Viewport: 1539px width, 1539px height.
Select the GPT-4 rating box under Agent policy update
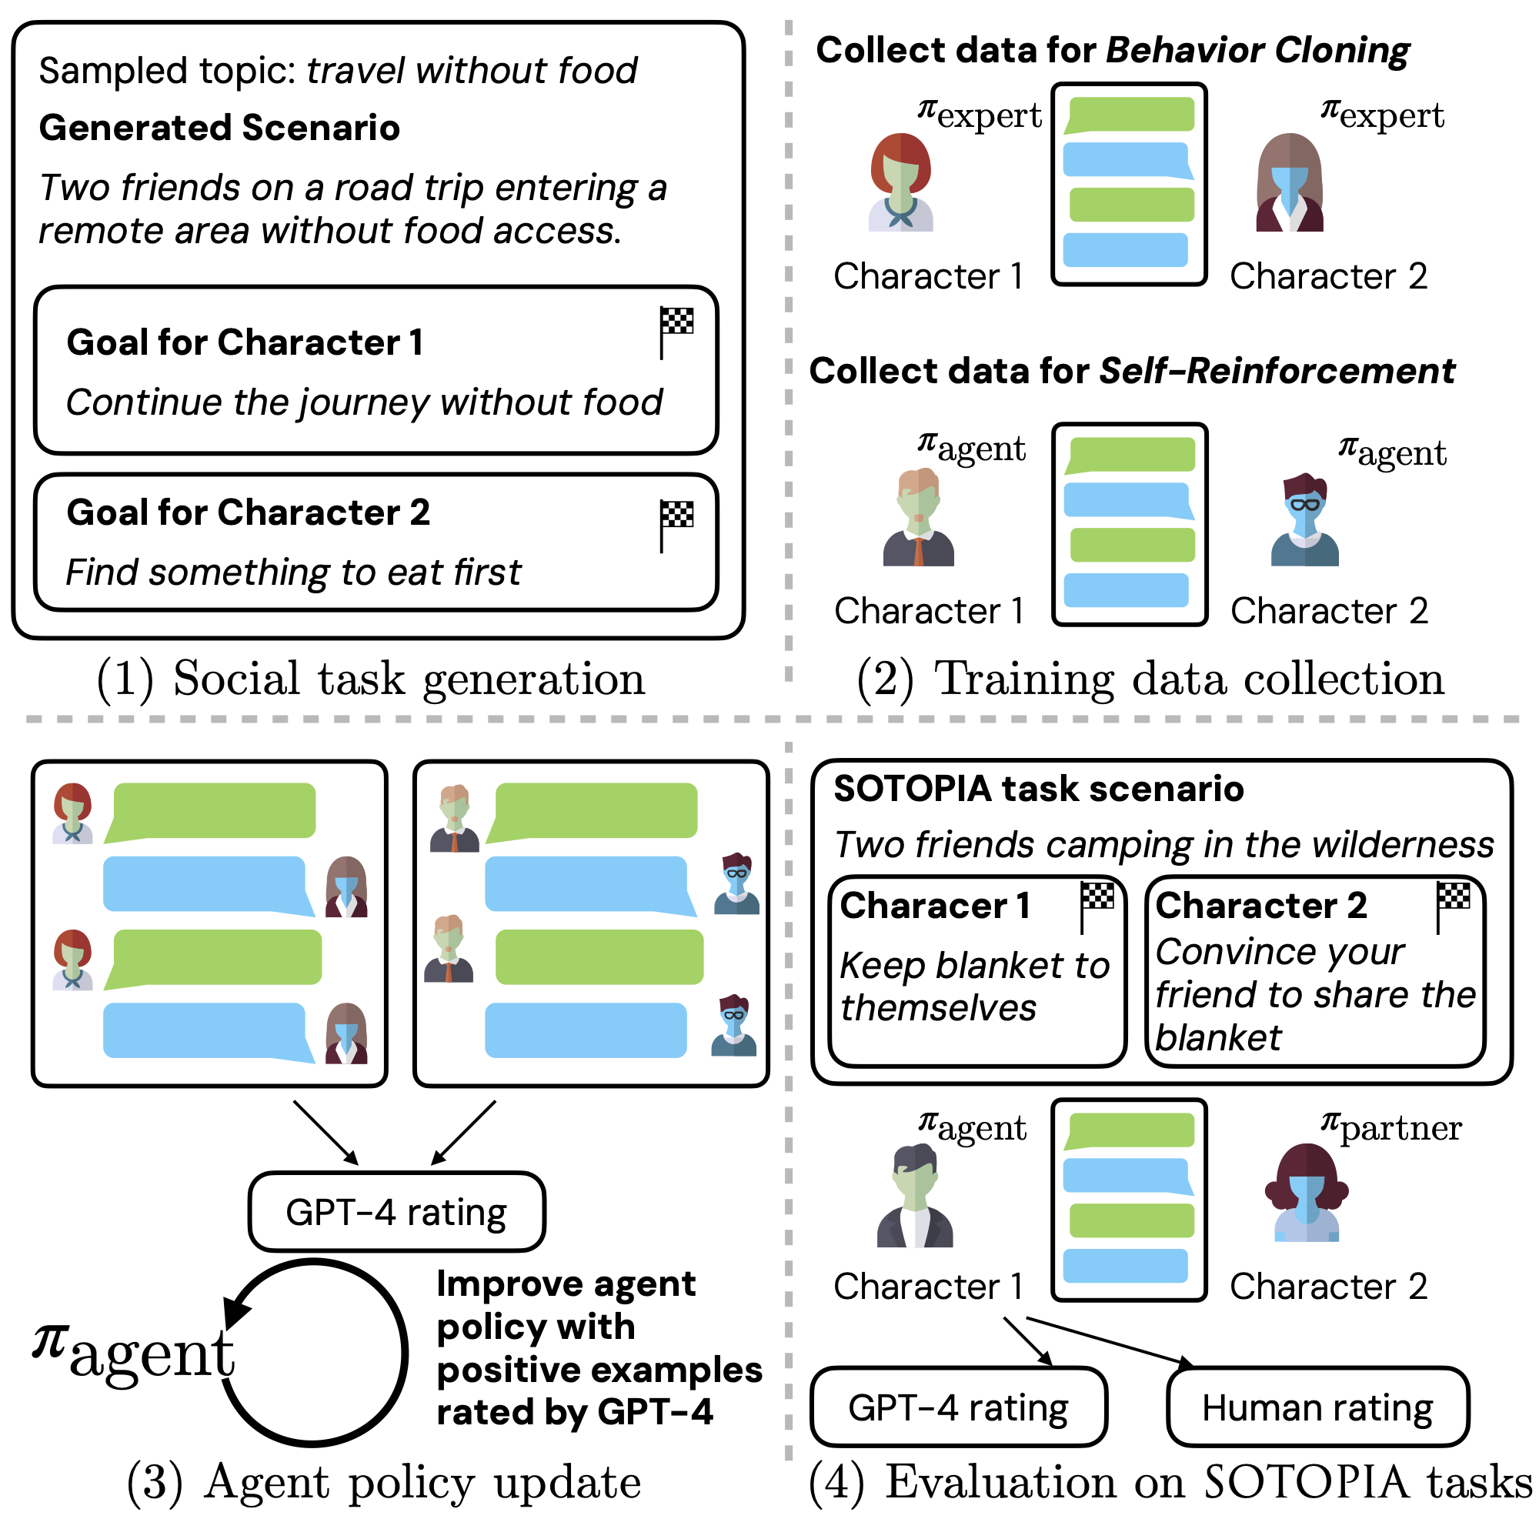coord(397,1213)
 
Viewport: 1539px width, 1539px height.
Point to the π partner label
coord(1390,1127)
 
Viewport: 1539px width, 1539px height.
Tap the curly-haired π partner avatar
coord(1307,1193)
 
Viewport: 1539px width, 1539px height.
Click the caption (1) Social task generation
coord(370,679)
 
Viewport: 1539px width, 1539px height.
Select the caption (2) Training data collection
coord(1150,679)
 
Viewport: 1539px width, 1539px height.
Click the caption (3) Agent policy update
coord(384,1484)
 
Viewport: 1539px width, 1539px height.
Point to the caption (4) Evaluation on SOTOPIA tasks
coord(1170,1484)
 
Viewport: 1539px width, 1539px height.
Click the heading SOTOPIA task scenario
coord(1038,790)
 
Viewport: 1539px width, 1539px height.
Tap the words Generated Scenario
coord(219,129)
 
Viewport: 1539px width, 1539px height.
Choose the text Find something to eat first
coord(293,573)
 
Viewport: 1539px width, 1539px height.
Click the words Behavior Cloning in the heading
coord(1258,51)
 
